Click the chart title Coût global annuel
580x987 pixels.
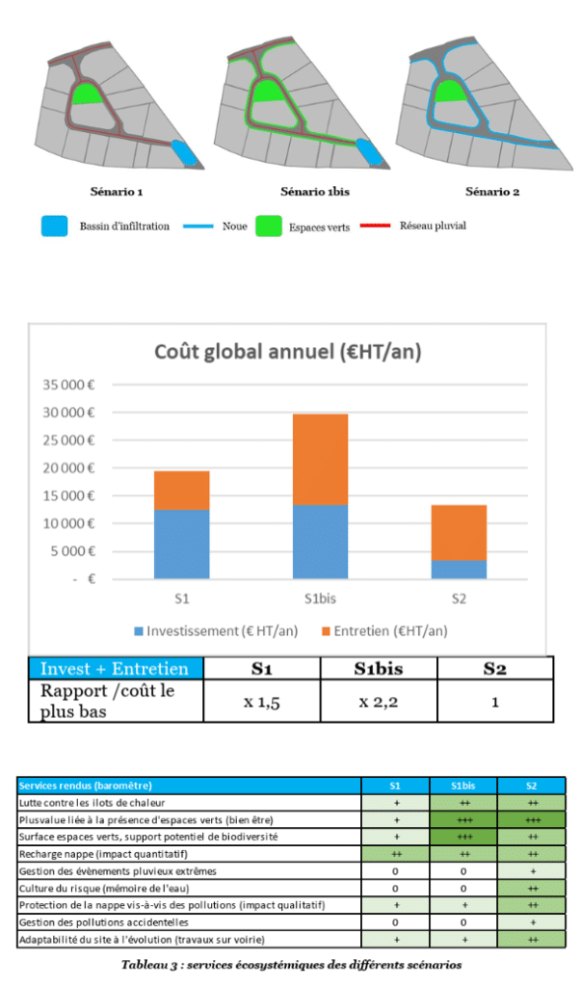click(x=288, y=352)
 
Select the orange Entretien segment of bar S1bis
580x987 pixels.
click(x=321, y=459)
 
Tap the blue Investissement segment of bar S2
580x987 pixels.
click(x=459, y=569)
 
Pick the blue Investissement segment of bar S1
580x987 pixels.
click(x=182, y=544)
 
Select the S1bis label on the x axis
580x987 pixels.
click(x=321, y=599)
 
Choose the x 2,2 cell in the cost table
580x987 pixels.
click(x=378, y=703)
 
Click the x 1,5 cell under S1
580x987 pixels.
click(x=261, y=703)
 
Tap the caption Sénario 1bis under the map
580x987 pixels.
click(x=307, y=192)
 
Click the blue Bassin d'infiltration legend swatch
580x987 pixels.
click(x=55, y=227)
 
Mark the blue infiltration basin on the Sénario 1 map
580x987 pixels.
click(x=186, y=151)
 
